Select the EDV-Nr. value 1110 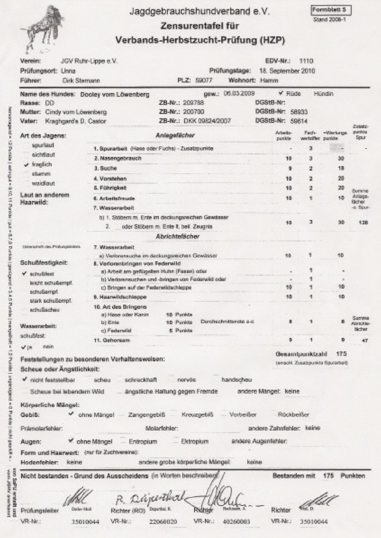[306, 61]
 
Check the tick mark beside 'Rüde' [281, 93]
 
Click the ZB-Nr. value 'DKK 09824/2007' [210, 121]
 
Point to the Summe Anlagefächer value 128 [363, 222]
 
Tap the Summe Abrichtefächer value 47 [364, 341]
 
